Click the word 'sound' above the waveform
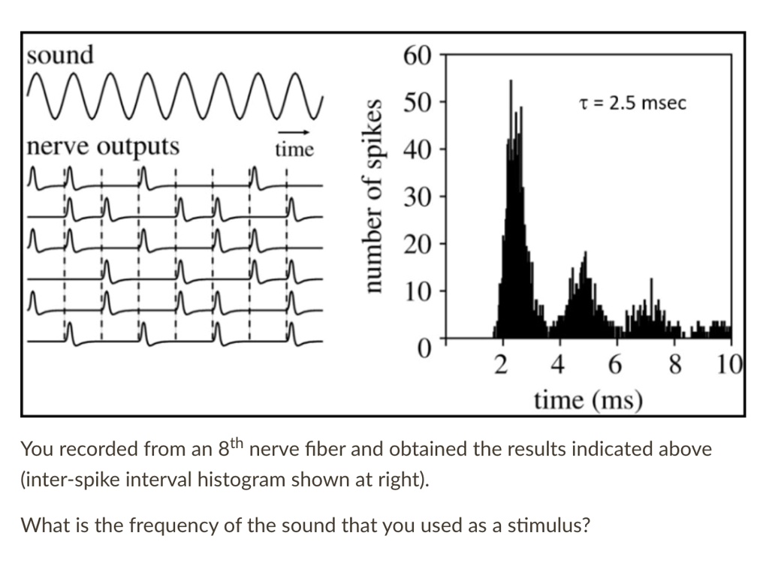pyautogui.click(x=60, y=55)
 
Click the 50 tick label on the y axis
pyautogui.click(x=418, y=102)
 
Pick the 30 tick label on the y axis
pyautogui.click(x=418, y=197)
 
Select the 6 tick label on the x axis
pyautogui.click(x=615, y=366)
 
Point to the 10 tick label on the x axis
pyautogui.click(x=728, y=366)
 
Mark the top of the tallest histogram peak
pyautogui.click(x=511, y=81)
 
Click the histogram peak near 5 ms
pyautogui.click(x=584, y=254)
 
